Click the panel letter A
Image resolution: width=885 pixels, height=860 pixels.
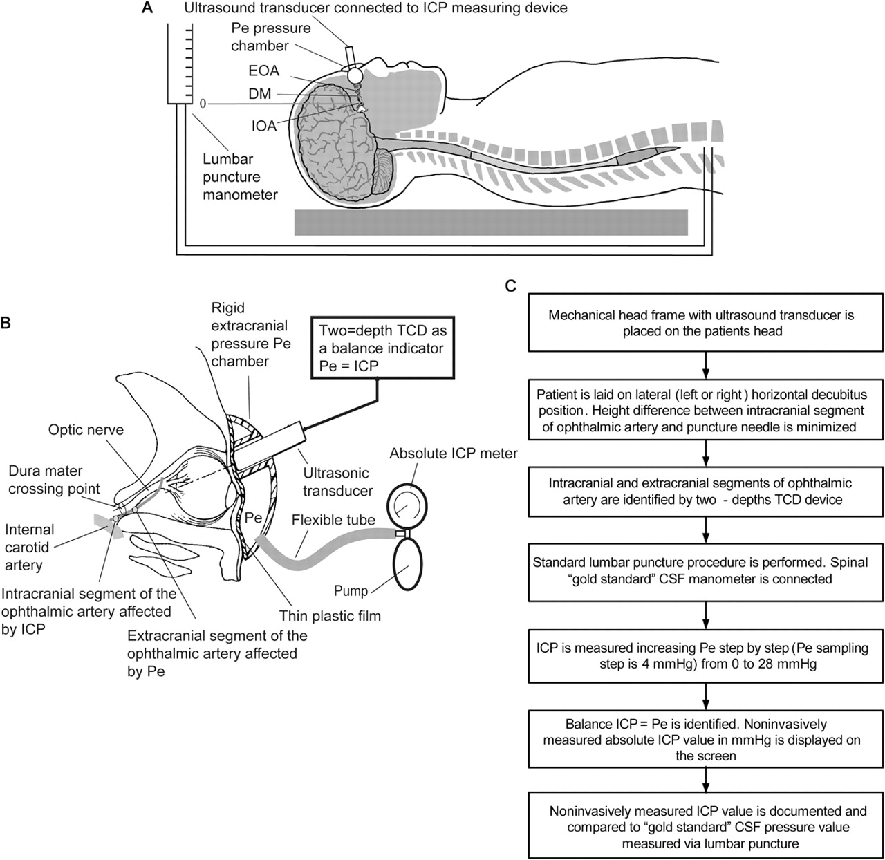tap(147, 8)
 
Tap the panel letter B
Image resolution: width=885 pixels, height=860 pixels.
tap(6, 323)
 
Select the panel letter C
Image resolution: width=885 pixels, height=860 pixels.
tap(511, 286)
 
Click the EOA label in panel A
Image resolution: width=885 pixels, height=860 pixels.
tap(263, 71)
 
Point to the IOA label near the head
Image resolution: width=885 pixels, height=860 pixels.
tap(263, 126)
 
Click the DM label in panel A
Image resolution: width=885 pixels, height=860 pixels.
tap(260, 93)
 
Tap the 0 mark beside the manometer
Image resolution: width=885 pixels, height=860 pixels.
tap(203, 104)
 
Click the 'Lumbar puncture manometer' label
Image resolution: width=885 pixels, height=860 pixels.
tap(240, 177)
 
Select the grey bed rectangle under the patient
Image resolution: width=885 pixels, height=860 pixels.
tap(491, 223)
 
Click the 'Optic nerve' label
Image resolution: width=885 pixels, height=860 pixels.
tap(86, 430)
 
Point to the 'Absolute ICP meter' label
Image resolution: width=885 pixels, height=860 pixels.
tap(454, 454)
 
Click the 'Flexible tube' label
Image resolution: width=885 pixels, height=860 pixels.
tap(333, 520)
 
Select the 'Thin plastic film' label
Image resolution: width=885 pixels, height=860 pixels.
tap(330, 615)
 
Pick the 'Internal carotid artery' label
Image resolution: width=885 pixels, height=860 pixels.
tap(30, 548)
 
